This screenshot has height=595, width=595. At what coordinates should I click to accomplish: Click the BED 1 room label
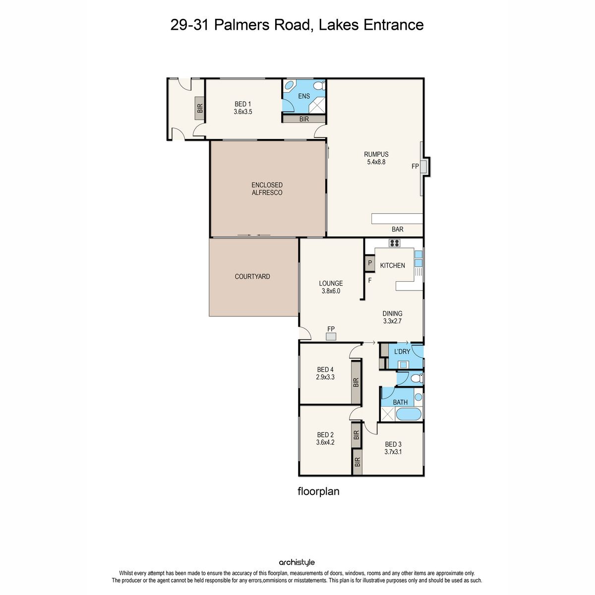click(242, 104)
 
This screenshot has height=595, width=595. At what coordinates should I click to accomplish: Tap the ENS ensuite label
click(304, 96)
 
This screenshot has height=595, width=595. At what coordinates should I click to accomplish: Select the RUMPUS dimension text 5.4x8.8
click(376, 162)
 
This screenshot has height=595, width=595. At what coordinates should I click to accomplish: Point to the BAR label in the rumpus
click(397, 229)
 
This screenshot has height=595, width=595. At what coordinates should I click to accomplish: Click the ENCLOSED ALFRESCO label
click(267, 188)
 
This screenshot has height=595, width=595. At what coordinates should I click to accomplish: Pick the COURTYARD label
click(252, 276)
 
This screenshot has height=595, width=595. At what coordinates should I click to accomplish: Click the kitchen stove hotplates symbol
click(394, 243)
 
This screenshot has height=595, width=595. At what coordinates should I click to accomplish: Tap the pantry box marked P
click(369, 263)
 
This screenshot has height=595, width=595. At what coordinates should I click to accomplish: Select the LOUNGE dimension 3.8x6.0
click(331, 291)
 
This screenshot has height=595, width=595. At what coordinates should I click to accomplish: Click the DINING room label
click(392, 313)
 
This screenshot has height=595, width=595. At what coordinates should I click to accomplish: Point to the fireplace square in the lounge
click(331, 337)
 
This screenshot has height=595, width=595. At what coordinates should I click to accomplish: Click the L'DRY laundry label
click(402, 352)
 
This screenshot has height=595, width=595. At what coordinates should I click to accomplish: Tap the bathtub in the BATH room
click(408, 414)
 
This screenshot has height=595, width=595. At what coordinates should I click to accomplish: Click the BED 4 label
click(325, 369)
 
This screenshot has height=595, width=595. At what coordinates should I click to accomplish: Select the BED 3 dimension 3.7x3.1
click(393, 452)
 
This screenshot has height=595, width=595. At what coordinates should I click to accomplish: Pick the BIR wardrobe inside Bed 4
click(356, 382)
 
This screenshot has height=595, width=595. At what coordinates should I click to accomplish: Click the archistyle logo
click(297, 562)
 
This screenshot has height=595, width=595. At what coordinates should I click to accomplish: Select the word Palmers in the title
click(242, 25)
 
